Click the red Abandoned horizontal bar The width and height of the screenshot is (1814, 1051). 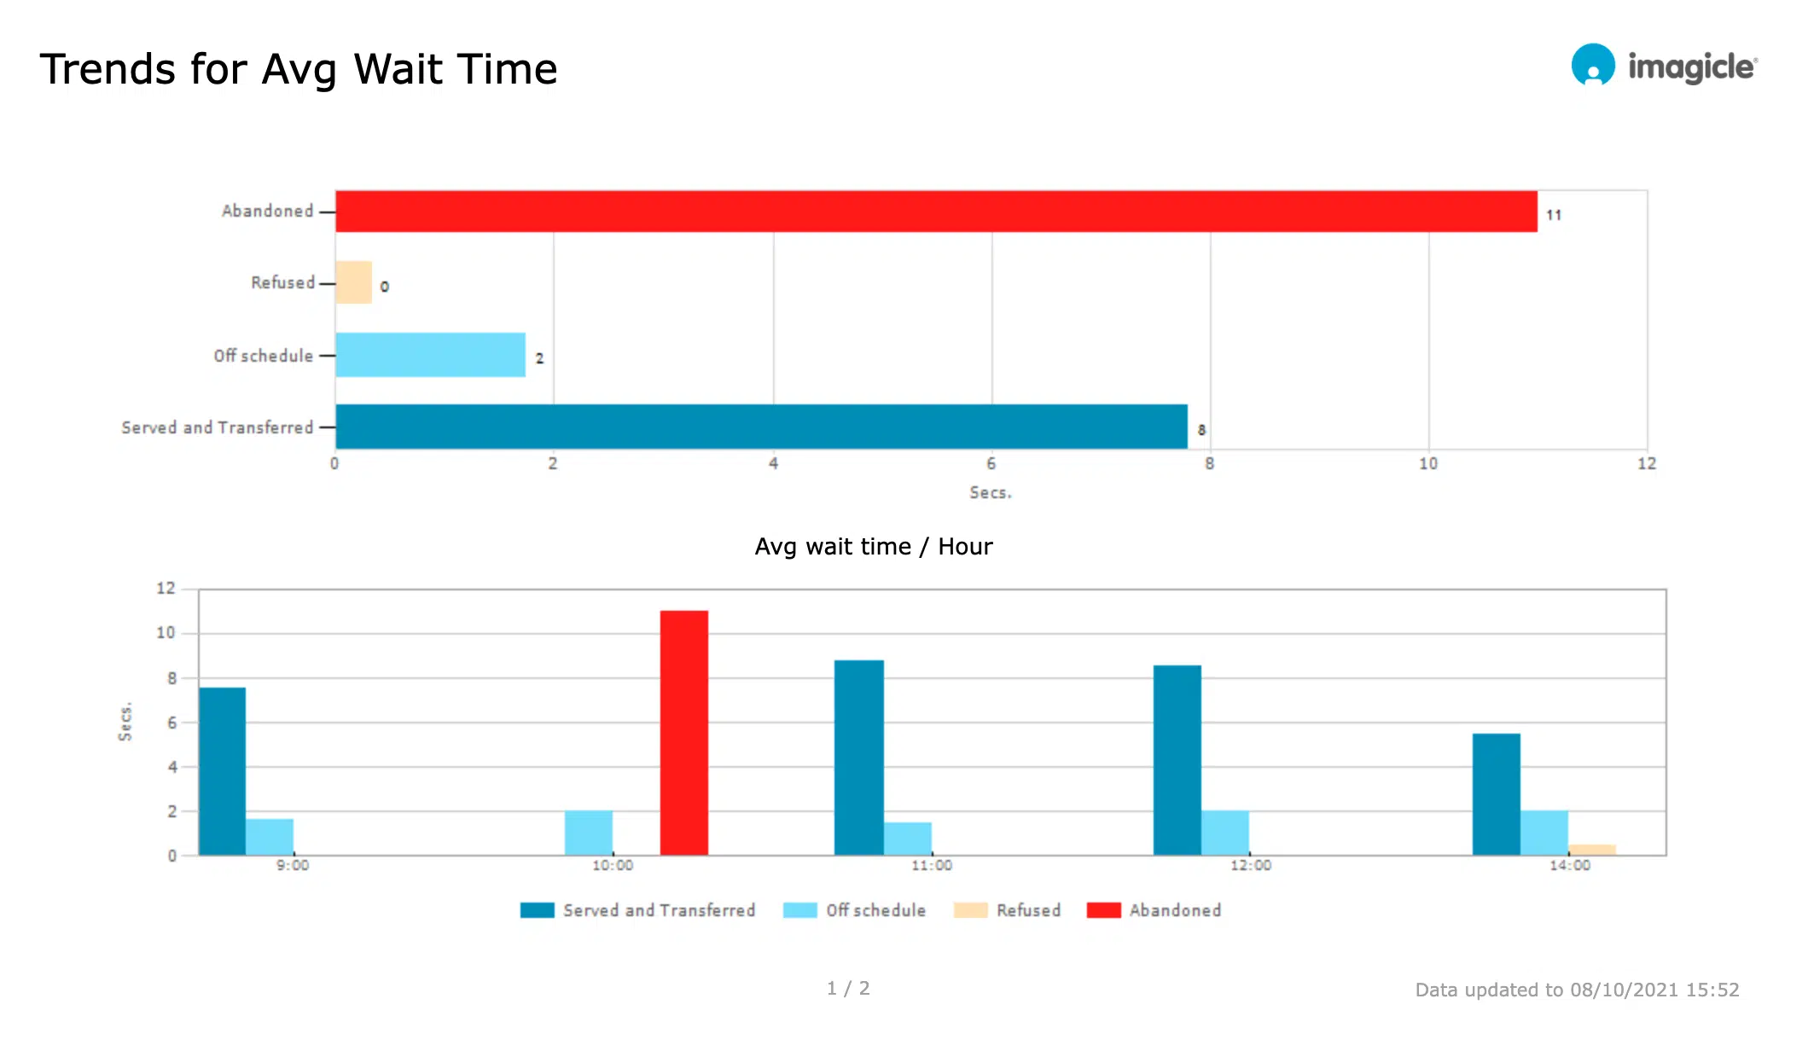point(936,212)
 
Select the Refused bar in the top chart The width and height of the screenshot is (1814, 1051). point(353,282)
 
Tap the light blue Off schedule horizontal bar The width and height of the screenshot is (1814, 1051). point(430,355)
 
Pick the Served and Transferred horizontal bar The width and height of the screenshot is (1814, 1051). point(761,427)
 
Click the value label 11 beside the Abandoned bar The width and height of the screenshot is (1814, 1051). point(1554,215)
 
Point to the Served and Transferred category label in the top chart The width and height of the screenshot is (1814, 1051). point(218,427)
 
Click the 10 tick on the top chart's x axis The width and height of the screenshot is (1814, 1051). point(1428,464)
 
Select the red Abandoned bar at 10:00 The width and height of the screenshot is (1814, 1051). point(683,733)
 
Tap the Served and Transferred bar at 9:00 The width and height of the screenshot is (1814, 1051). point(222,771)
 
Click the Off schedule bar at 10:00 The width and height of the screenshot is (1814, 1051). point(588,833)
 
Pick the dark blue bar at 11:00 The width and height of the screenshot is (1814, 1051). point(858,758)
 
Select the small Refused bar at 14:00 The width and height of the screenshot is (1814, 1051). point(1591,850)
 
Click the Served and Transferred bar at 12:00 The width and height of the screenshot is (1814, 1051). point(1177,760)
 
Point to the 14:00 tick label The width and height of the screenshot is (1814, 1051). point(1570,866)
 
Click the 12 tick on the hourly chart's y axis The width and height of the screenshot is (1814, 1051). point(166,589)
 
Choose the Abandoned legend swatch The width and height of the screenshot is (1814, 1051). point(1103,910)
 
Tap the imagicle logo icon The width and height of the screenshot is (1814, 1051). point(1593,66)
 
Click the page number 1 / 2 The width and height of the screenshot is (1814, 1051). point(848,988)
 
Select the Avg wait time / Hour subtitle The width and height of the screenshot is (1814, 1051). point(874,547)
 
